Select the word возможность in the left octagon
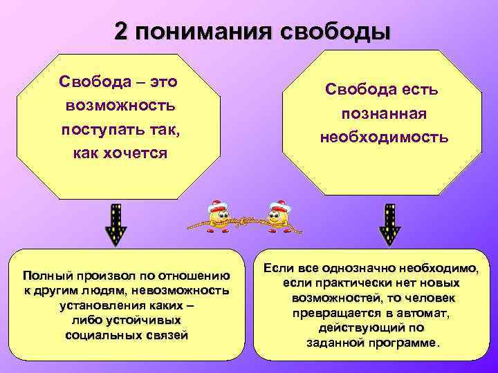(120, 106)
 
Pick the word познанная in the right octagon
(382, 113)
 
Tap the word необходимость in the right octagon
(383, 137)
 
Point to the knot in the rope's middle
(246, 222)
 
